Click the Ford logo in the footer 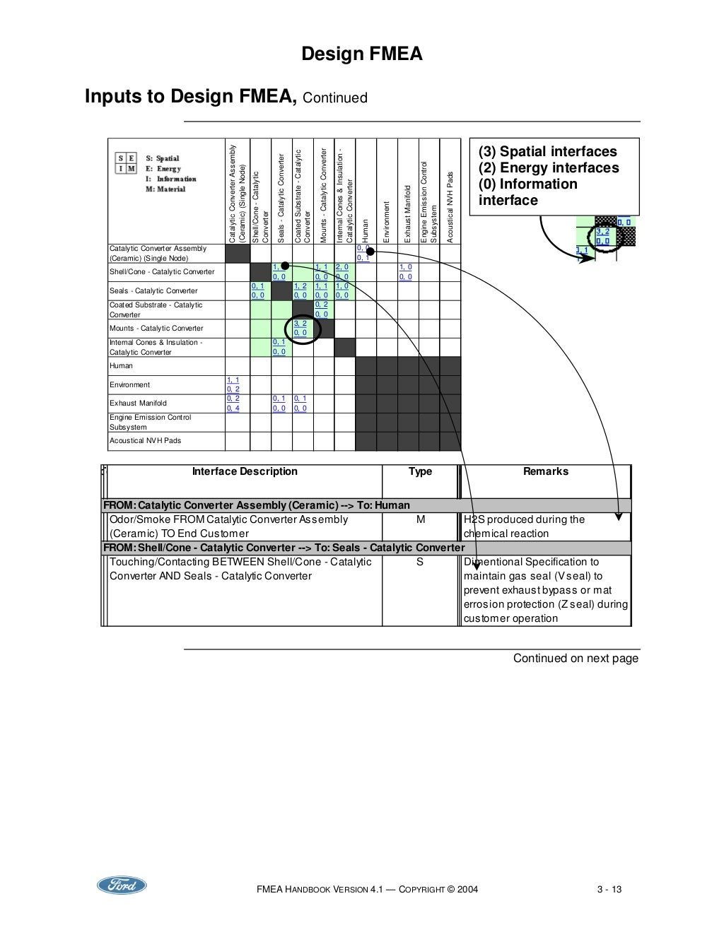tap(122, 885)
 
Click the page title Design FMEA tap(361, 54)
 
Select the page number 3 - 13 tap(609, 890)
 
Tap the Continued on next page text tap(576, 659)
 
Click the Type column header tap(420, 472)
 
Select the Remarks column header tap(545, 472)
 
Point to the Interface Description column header tap(245, 472)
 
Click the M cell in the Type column tap(420, 520)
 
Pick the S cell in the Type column tap(420, 562)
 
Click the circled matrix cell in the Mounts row tap(301, 329)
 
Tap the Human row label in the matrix tap(121, 366)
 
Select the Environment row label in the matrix tap(129, 385)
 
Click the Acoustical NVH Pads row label tap(145, 441)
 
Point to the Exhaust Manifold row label tap(138, 403)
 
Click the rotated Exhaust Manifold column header tap(408, 213)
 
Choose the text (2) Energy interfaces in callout tap(549, 168)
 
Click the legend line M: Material tap(165, 189)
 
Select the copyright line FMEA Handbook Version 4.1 tap(367, 890)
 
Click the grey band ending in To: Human tap(366, 506)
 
